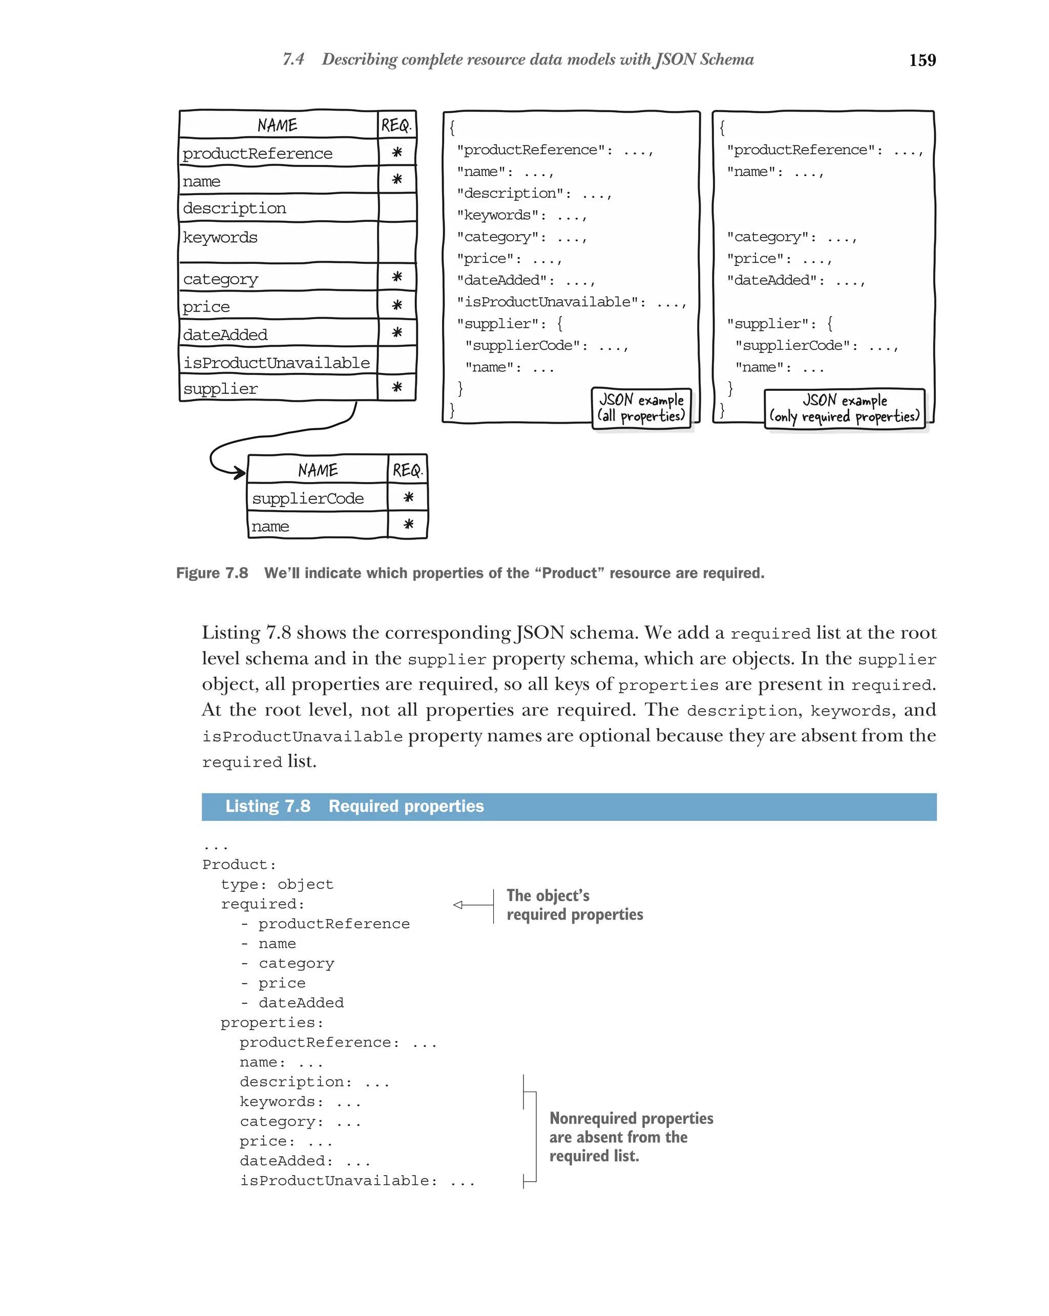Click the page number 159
tap(921, 60)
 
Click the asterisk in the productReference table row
tap(396, 152)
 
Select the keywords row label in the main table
tap(220, 238)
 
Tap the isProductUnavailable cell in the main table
tap(277, 363)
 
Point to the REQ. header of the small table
tap(407, 470)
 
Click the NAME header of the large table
tap(277, 125)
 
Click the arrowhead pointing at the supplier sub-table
tap(240, 472)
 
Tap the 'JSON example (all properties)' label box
tap(641, 408)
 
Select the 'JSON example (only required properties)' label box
tap(844, 408)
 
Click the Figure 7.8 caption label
tap(212, 573)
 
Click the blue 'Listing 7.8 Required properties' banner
tap(568, 806)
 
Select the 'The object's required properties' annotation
tap(574, 905)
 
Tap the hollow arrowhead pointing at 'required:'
tap(458, 905)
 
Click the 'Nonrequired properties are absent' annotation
tap(631, 1137)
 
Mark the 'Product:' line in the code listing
tap(239, 864)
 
